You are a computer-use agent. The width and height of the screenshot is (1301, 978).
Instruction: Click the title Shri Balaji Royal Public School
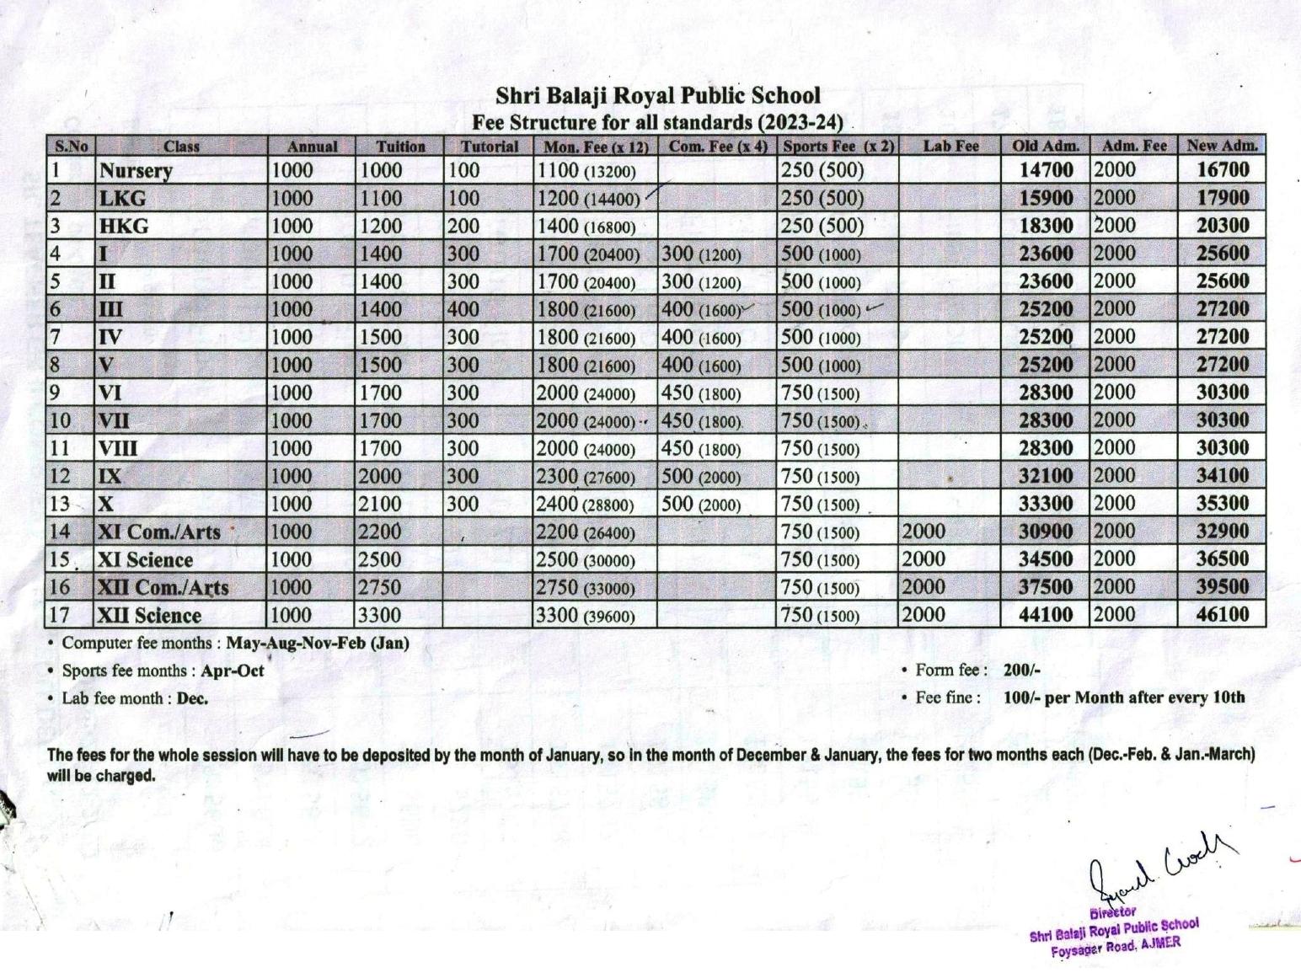(x=657, y=95)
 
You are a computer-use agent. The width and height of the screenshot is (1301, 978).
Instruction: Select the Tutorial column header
(x=490, y=147)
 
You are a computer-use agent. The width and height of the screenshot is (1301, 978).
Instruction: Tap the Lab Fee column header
(x=950, y=146)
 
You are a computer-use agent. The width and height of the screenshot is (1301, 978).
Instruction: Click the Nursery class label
(x=136, y=171)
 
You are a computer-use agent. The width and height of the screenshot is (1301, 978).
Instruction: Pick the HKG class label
(x=124, y=227)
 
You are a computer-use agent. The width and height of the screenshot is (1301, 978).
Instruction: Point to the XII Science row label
(x=150, y=616)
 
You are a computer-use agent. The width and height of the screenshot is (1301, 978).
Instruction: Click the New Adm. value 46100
(x=1222, y=614)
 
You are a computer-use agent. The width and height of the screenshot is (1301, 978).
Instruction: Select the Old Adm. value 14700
(x=1046, y=170)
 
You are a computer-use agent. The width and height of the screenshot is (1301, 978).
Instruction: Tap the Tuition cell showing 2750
(x=380, y=588)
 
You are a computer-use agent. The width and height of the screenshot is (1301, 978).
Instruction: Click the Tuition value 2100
(x=380, y=505)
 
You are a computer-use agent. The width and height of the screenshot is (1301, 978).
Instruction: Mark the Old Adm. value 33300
(x=1046, y=504)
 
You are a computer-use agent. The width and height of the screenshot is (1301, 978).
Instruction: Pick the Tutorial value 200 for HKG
(x=463, y=226)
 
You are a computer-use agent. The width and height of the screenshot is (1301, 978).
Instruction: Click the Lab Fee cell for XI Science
(x=924, y=559)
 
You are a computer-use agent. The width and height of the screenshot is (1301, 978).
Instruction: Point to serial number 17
(x=59, y=615)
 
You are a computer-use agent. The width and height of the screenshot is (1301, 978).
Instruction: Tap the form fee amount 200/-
(x=1022, y=671)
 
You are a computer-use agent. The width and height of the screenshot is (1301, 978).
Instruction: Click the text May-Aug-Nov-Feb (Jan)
(x=318, y=644)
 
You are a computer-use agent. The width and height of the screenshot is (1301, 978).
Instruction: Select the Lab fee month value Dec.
(x=192, y=698)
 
